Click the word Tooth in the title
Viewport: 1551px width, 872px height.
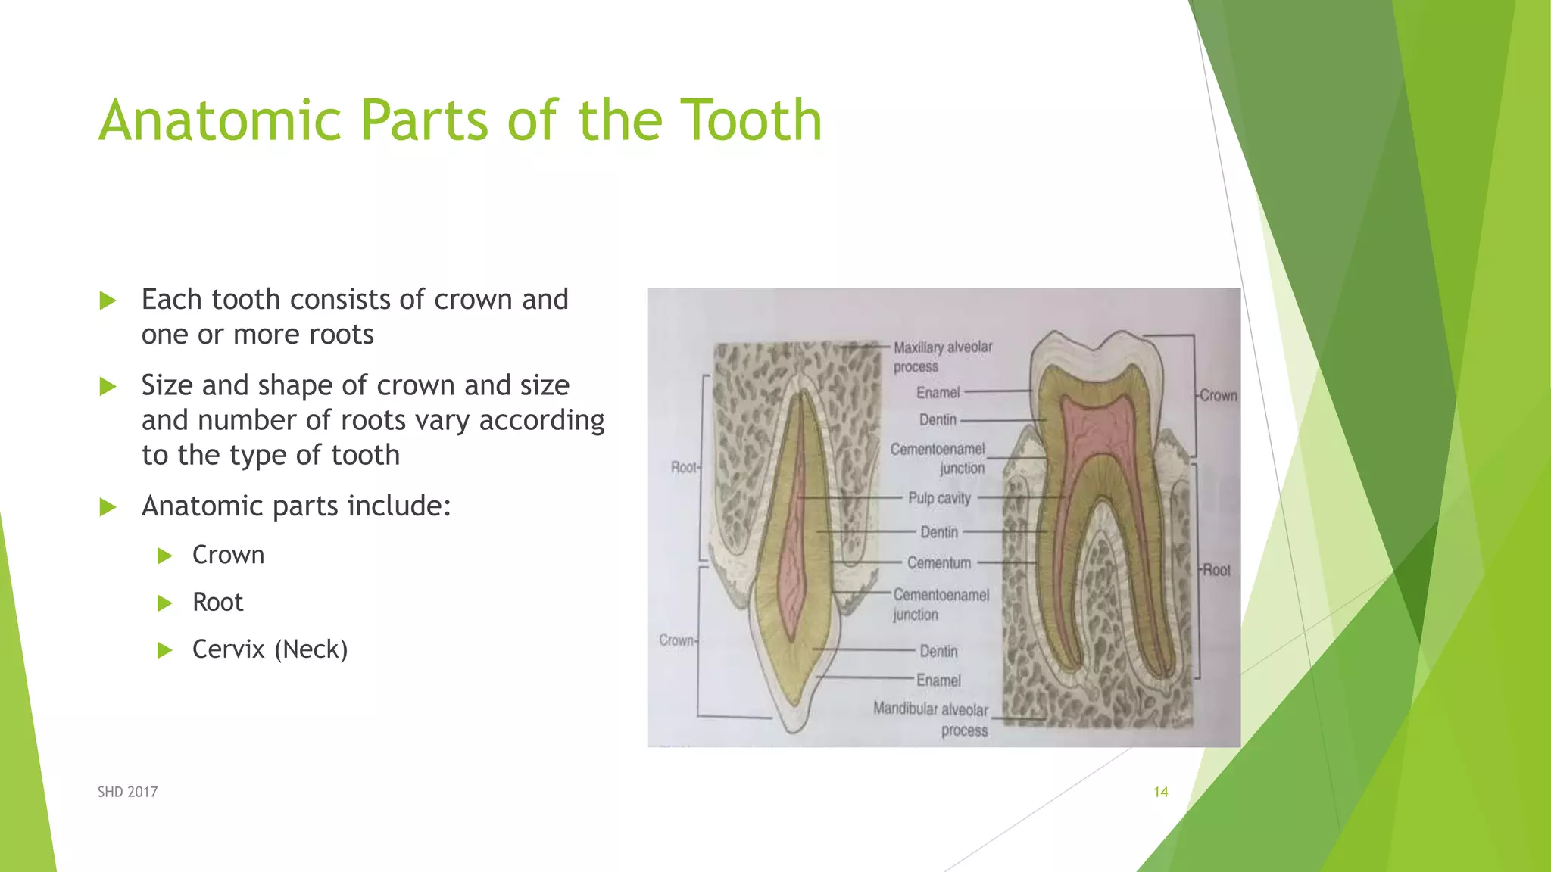pos(751,120)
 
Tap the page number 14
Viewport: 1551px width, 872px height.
pos(1160,792)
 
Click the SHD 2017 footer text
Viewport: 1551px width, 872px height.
pos(127,792)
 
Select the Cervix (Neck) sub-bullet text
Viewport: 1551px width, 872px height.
pos(270,649)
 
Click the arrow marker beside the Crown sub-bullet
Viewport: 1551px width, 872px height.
pos(165,556)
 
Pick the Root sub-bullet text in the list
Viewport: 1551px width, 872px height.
pos(217,603)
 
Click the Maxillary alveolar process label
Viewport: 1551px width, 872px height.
pos(942,357)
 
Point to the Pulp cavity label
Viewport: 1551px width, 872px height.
pos(939,498)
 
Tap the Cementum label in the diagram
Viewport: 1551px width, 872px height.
pos(939,563)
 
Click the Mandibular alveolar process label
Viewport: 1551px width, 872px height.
pos(932,719)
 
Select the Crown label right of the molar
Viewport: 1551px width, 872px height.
pos(1219,395)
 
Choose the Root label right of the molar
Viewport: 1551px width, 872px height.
pos(1216,570)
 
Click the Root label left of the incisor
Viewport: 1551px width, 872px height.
pos(684,467)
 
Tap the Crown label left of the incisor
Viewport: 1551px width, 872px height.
pos(676,640)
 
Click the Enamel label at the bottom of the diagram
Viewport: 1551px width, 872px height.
pos(938,680)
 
